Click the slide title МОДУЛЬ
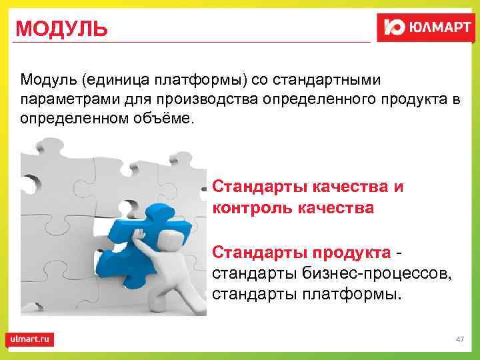(x=61, y=29)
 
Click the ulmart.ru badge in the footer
(x=30, y=339)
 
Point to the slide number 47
(x=459, y=339)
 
